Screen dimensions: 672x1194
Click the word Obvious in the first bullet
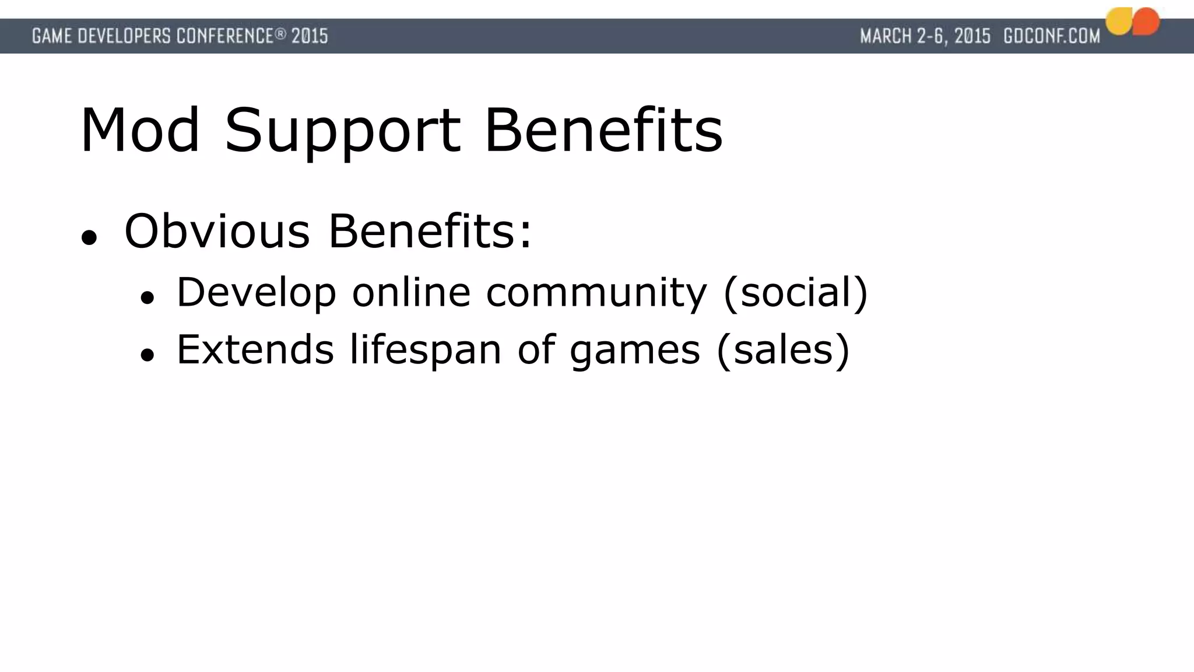click(x=217, y=232)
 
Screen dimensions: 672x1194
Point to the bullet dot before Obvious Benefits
click(x=89, y=237)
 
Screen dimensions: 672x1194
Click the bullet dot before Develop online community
click(x=147, y=297)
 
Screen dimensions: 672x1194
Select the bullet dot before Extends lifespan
click(x=147, y=355)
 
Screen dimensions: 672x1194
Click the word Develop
click(x=257, y=293)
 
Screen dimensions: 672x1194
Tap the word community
click(x=596, y=293)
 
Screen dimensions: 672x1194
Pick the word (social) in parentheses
click(x=796, y=293)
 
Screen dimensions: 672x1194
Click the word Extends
click(x=255, y=349)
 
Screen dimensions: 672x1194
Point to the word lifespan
click(x=426, y=349)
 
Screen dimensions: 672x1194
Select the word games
click(x=635, y=349)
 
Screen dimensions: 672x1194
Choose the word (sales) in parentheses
click(x=783, y=349)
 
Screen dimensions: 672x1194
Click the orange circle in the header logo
click(x=1146, y=21)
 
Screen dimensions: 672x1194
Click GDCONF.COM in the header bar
click(x=1052, y=36)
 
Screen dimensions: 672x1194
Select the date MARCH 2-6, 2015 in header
click(x=925, y=36)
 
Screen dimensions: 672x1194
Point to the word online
click(x=411, y=293)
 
